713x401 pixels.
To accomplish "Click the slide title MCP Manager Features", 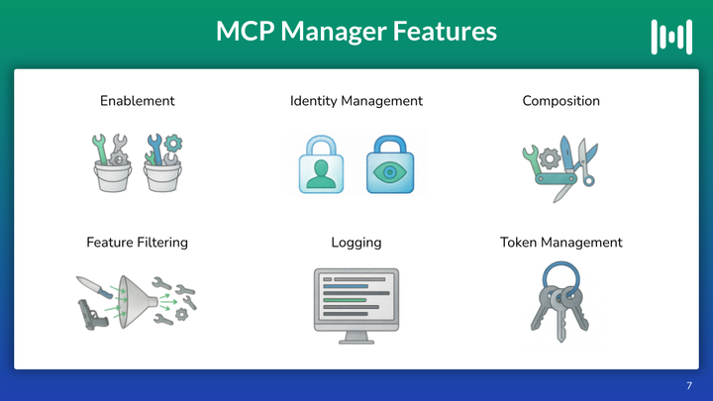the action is click(x=356, y=31).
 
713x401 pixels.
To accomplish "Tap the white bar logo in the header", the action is click(x=671, y=37).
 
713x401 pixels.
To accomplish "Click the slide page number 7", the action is click(x=689, y=385).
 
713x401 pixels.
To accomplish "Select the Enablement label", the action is click(x=138, y=100).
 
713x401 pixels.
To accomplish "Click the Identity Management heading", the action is click(x=356, y=101).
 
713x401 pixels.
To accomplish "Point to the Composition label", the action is click(x=560, y=101).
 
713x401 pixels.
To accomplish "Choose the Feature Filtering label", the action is click(x=137, y=243).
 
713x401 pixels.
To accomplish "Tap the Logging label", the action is click(x=356, y=243).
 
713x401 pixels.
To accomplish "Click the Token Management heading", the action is click(x=560, y=243).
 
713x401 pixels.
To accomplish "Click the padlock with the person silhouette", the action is click(x=321, y=164).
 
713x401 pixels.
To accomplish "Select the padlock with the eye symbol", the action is click(x=390, y=164).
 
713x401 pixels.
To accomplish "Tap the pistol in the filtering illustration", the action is click(x=92, y=314).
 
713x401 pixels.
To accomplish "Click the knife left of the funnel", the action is click(x=95, y=287).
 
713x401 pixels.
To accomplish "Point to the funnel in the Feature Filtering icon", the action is click(x=137, y=301).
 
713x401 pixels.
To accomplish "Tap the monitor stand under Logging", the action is click(x=356, y=338).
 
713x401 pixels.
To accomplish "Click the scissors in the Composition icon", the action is click(x=586, y=161).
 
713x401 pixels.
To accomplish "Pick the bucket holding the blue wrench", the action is click(x=162, y=177).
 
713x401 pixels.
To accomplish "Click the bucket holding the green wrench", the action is click(x=113, y=177).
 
